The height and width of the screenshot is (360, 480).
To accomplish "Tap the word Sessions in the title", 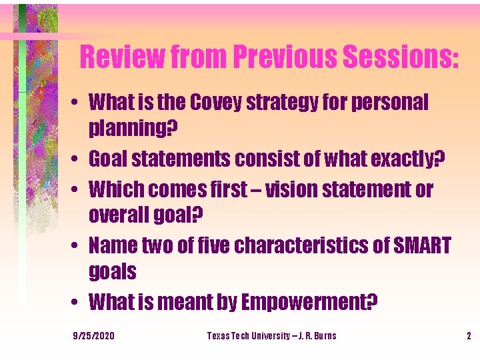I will [x=399, y=57].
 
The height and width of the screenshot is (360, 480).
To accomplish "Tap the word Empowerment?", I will [x=309, y=303].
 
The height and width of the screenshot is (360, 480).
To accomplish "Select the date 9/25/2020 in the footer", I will [x=94, y=335].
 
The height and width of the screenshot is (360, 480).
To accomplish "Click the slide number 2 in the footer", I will [x=469, y=335].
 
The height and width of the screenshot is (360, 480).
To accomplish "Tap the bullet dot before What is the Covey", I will [x=79, y=103].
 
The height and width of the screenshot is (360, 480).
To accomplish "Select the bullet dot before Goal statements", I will [x=79, y=160].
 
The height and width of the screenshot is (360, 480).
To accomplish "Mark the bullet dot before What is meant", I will [x=79, y=304].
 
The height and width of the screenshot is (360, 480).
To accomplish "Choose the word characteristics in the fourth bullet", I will [x=291, y=246].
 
